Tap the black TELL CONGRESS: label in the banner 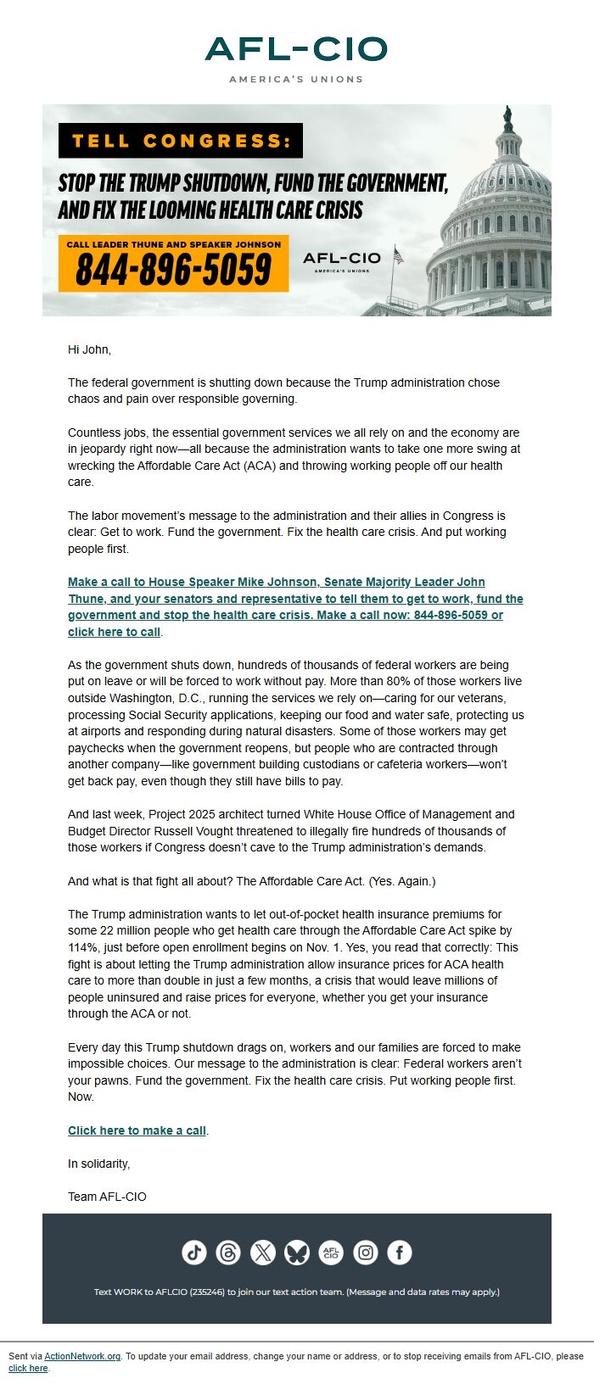click(180, 141)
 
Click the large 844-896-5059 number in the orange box click(174, 271)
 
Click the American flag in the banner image click(398, 254)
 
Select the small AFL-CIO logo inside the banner click(342, 260)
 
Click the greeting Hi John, click(89, 349)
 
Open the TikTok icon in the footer click(194, 1252)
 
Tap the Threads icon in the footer click(228, 1252)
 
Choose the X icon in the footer click(263, 1252)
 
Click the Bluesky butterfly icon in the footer click(297, 1252)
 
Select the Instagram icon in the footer click(366, 1252)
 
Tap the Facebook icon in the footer click(400, 1252)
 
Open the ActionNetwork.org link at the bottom click(82, 1356)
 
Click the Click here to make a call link click(137, 1130)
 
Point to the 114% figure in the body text click(81, 947)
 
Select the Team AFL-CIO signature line click(107, 1197)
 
